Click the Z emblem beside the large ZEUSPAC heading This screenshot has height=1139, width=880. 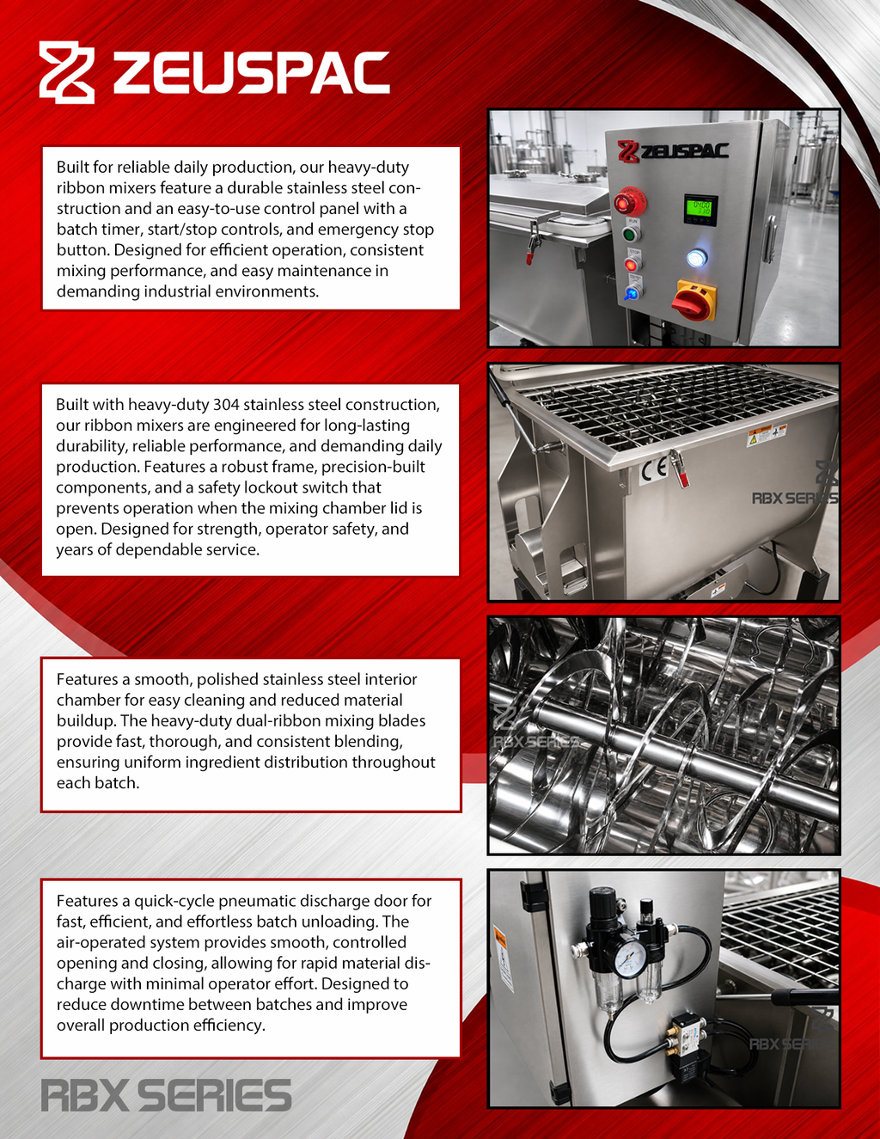coord(67,72)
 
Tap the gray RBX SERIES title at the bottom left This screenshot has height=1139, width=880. coord(166,1095)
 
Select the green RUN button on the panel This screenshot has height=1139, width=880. coord(631,233)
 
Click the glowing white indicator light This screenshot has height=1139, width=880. coord(697,258)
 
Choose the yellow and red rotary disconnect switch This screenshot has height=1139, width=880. coord(694,300)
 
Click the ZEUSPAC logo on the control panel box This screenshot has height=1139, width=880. coord(673,151)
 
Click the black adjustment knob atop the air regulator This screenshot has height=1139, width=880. coord(603,897)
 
